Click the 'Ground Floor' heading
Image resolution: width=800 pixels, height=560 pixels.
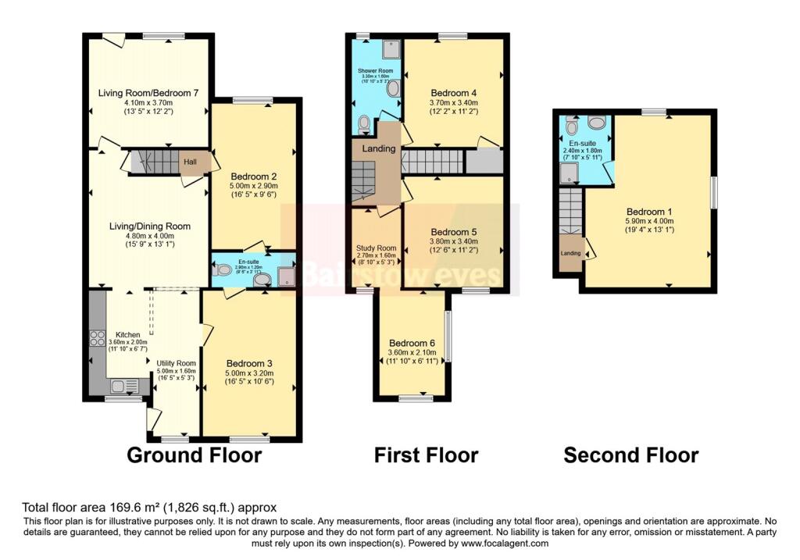194,455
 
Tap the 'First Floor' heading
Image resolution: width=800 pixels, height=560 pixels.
426,455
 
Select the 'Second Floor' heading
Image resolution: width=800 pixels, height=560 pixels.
631,455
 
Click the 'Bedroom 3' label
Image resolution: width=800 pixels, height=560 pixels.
249,363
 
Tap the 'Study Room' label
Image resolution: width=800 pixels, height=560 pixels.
377,248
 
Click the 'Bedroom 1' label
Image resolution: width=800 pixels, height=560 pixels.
649,212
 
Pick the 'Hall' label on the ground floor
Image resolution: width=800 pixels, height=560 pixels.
190,162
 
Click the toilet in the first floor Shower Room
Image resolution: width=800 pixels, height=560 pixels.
364,123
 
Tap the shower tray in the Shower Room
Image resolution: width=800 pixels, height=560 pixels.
390,48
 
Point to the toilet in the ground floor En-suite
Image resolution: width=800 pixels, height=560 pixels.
222,270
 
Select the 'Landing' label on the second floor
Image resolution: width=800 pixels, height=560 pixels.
570,253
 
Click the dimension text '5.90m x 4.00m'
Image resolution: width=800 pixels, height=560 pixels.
649,221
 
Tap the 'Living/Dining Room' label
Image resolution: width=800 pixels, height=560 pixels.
149,226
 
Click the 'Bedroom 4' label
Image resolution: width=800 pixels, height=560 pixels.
453,92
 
